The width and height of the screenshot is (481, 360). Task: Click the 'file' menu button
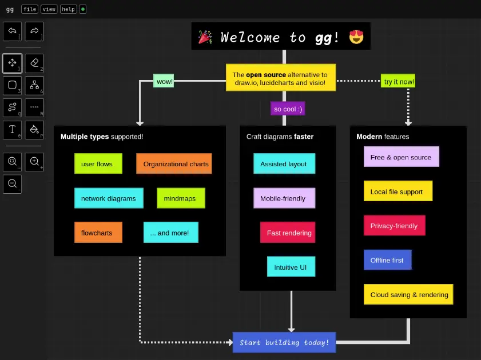(x=30, y=9)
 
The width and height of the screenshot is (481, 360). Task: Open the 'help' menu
(x=68, y=9)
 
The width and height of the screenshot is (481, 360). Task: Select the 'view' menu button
(x=49, y=9)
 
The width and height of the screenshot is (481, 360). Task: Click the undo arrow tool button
(x=13, y=31)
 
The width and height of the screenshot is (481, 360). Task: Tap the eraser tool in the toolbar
(x=34, y=63)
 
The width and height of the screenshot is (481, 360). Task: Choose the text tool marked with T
(x=13, y=130)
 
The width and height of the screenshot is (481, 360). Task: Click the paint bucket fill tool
(x=34, y=130)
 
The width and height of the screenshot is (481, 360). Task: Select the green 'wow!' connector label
(x=164, y=82)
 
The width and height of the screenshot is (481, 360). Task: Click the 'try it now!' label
(x=399, y=82)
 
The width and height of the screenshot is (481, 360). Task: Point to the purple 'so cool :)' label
(x=288, y=109)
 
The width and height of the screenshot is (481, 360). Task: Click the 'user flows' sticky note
(x=97, y=164)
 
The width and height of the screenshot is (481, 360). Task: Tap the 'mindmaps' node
(x=180, y=198)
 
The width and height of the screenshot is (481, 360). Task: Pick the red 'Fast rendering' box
(x=289, y=233)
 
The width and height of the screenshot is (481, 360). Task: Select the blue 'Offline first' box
(x=387, y=260)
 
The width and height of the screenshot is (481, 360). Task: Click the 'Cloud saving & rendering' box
(x=409, y=295)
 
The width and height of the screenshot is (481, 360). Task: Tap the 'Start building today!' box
(x=284, y=342)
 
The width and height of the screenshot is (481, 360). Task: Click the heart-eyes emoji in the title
(x=356, y=38)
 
